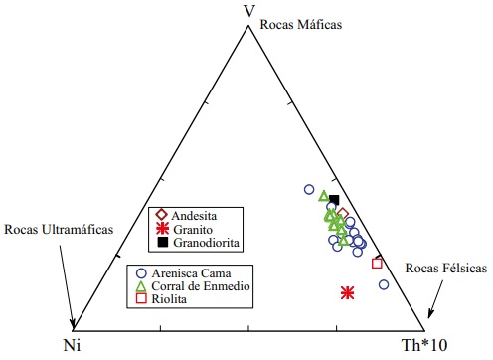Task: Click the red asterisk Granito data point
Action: point(348,292)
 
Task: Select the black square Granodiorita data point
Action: point(335,200)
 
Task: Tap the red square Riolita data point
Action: point(377,263)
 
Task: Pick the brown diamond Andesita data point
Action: point(342,214)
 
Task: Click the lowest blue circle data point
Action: point(384,285)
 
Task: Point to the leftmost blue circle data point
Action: point(309,189)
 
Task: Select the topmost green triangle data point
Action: point(324,195)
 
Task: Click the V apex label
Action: point(249,11)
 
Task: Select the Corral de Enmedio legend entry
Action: point(201,286)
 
